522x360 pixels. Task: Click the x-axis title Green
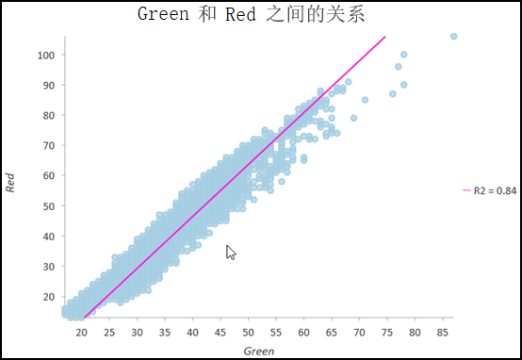(x=259, y=351)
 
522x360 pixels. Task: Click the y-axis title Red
(x=10, y=183)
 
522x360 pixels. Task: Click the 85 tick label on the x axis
(x=442, y=333)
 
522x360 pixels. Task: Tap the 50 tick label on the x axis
(x=248, y=333)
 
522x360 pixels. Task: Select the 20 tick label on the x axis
(x=82, y=333)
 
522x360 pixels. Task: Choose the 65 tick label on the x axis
(x=331, y=333)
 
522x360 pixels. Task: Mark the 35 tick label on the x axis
(x=165, y=333)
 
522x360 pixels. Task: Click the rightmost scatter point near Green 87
(x=453, y=37)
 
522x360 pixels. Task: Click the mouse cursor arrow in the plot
(x=230, y=252)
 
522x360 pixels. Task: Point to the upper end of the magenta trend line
(x=384, y=38)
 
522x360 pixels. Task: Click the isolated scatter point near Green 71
(x=365, y=99)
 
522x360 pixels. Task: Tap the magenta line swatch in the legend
(x=465, y=190)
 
